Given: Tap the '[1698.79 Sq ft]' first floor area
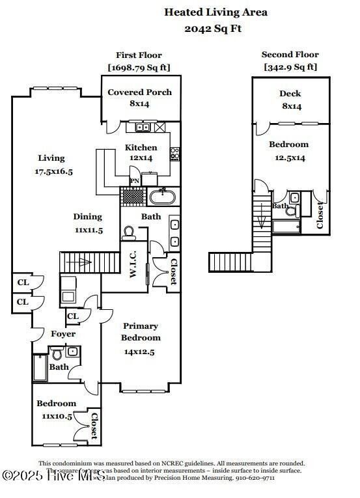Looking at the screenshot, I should pos(139,67).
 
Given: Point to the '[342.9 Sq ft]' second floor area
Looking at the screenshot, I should pos(290,67).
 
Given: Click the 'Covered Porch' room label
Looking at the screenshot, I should pos(139,92).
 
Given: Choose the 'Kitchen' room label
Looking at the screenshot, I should pos(141,148).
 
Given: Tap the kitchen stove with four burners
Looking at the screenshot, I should pos(174,154).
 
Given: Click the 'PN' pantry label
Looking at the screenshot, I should pos(135,181).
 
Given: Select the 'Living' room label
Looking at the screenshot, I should pos(51,158).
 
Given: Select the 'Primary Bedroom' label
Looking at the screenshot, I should pos(141,332).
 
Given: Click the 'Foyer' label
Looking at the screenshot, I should pos(63,334).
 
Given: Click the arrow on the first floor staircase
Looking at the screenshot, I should pos(82,263).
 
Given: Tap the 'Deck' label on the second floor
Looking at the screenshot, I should pos(290,94).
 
